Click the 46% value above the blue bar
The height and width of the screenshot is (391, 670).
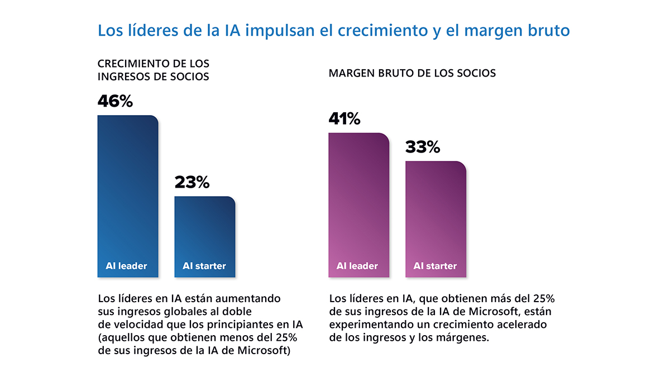[115, 101]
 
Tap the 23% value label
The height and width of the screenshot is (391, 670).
[192, 182]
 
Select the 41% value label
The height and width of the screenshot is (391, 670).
[344, 119]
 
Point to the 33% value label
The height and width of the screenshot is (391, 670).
[423, 147]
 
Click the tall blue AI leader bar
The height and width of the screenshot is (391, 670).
[128, 190]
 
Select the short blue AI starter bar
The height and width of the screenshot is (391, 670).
[204, 229]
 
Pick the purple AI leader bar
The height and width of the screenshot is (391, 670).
[358, 201]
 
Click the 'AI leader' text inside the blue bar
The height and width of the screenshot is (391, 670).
[126, 266]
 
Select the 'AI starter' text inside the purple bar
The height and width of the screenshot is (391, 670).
[435, 266]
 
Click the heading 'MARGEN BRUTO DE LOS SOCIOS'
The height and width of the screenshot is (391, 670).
[412, 73]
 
